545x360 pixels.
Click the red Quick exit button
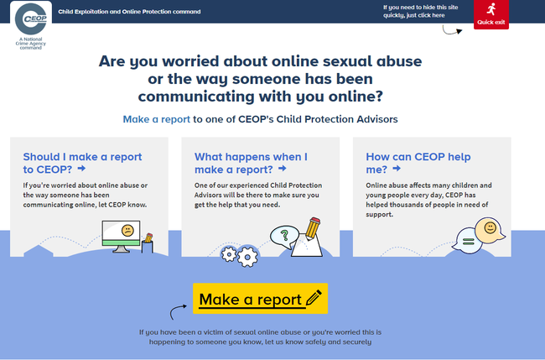pyautogui.click(x=490, y=14)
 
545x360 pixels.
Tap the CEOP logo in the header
pyautogui.click(x=31, y=18)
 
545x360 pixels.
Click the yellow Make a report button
pyautogui.click(x=260, y=299)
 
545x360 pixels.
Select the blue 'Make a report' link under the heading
pyautogui.click(x=157, y=119)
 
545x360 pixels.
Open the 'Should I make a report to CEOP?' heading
pyautogui.click(x=82, y=163)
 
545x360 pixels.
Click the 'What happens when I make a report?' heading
pyautogui.click(x=251, y=163)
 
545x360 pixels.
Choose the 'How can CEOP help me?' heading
pyautogui.click(x=418, y=163)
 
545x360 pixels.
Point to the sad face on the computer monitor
pyautogui.click(x=127, y=230)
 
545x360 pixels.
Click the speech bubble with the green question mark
pyautogui.click(x=284, y=237)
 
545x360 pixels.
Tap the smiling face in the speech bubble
pyautogui.click(x=490, y=228)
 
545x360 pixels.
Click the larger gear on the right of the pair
pyautogui.click(x=247, y=257)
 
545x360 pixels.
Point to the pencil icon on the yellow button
pyautogui.click(x=314, y=299)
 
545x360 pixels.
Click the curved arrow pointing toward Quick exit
pyautogui.click(x=451, y=32)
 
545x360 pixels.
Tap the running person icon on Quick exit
pyautogui.click(x=491, y=9)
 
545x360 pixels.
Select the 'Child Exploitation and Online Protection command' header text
pyautogui.click(x=129, y=12)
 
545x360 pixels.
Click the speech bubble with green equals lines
pyautogui.click(x=468, y=241)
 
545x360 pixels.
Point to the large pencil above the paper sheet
pyautogui.click(x=313, y=227)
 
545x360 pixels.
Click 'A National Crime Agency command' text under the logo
pyautogui.click(x=30, y=44)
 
